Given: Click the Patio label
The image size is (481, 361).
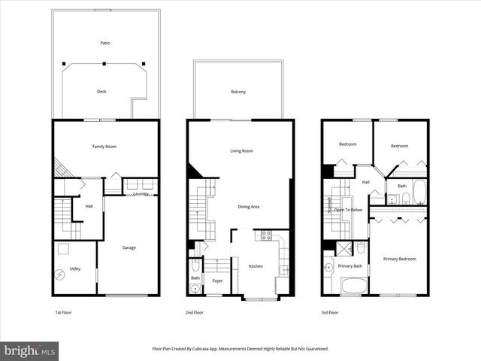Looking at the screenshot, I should point(105,44).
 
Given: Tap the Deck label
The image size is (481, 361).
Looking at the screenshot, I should point(101,92).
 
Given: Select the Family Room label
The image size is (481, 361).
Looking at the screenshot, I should point(104,147).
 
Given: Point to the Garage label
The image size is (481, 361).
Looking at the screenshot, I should point(129,247).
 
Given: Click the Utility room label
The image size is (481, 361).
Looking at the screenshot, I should point(75,268).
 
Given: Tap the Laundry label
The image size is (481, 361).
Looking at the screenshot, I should point(141,195).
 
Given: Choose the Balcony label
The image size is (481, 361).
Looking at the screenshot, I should point(238,92).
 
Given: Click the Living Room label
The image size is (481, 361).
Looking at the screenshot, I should point(241,151).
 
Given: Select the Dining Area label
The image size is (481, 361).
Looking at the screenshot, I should point(249,207).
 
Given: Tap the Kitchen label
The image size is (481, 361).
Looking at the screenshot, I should point(256,266).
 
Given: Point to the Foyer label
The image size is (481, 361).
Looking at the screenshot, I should point(217,281).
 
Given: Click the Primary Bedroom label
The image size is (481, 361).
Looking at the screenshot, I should point(399,259).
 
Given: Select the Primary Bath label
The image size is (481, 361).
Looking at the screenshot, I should point(349,265).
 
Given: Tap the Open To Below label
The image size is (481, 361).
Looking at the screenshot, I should point(349,210).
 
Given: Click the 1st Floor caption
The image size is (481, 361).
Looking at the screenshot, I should point(64,312).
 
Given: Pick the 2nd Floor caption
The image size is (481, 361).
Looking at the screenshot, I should point(195,312).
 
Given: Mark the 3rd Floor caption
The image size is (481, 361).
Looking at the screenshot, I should point(329,312).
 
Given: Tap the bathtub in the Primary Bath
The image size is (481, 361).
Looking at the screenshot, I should point(354,286).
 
